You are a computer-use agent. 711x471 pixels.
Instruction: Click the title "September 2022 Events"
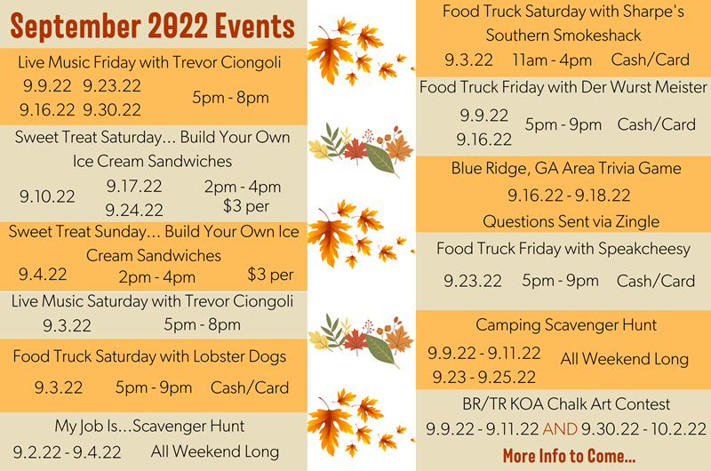click(153, 26)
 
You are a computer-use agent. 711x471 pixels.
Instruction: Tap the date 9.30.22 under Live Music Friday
click(112, 110)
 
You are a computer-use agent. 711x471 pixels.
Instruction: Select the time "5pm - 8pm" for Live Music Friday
click(230, 98)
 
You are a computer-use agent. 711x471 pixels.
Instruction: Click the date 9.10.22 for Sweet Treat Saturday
click(48, 196)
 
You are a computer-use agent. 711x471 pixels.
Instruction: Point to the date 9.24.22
click(134, 210)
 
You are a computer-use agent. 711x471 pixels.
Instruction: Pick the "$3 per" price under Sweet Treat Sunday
click(270, 275)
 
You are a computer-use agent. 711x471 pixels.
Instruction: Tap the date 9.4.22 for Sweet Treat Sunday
click(43, 275)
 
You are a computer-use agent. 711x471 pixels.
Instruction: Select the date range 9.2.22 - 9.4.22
click(68, 451)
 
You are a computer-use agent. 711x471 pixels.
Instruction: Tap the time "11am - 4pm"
click(552, 60)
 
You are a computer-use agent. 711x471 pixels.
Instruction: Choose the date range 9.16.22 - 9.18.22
click(569, 196)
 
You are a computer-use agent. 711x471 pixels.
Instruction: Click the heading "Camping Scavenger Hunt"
click(566, 325)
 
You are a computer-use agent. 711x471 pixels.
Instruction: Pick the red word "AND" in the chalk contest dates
click(560, 429)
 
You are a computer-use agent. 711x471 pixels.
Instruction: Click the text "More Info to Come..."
click(569, 456)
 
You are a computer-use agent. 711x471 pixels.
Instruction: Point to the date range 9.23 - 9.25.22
click(484, 377)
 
